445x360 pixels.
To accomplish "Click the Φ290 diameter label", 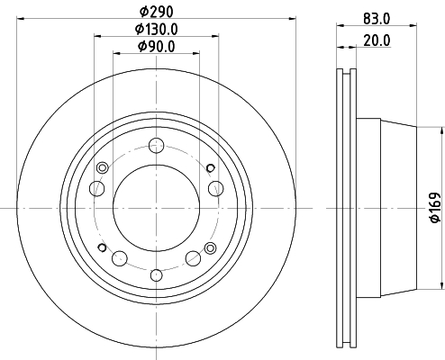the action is click(x=157, y=12).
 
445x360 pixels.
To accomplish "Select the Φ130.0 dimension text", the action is click(x=157, y=29).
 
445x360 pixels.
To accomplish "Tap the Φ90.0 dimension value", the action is click(x=157, y=47).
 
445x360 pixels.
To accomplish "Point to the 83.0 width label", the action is click(x=377, y=19).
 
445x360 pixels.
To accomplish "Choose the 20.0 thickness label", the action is click(x=377, y=40).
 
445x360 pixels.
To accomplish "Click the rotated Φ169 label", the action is click(x=435, y=208).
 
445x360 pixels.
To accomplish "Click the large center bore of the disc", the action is click(x=157, y=208).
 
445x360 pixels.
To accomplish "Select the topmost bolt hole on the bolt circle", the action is click(x=157, y=146).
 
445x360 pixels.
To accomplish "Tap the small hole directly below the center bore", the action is click(x=157, y=275).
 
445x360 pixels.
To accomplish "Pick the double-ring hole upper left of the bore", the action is click(x=103, y=167).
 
